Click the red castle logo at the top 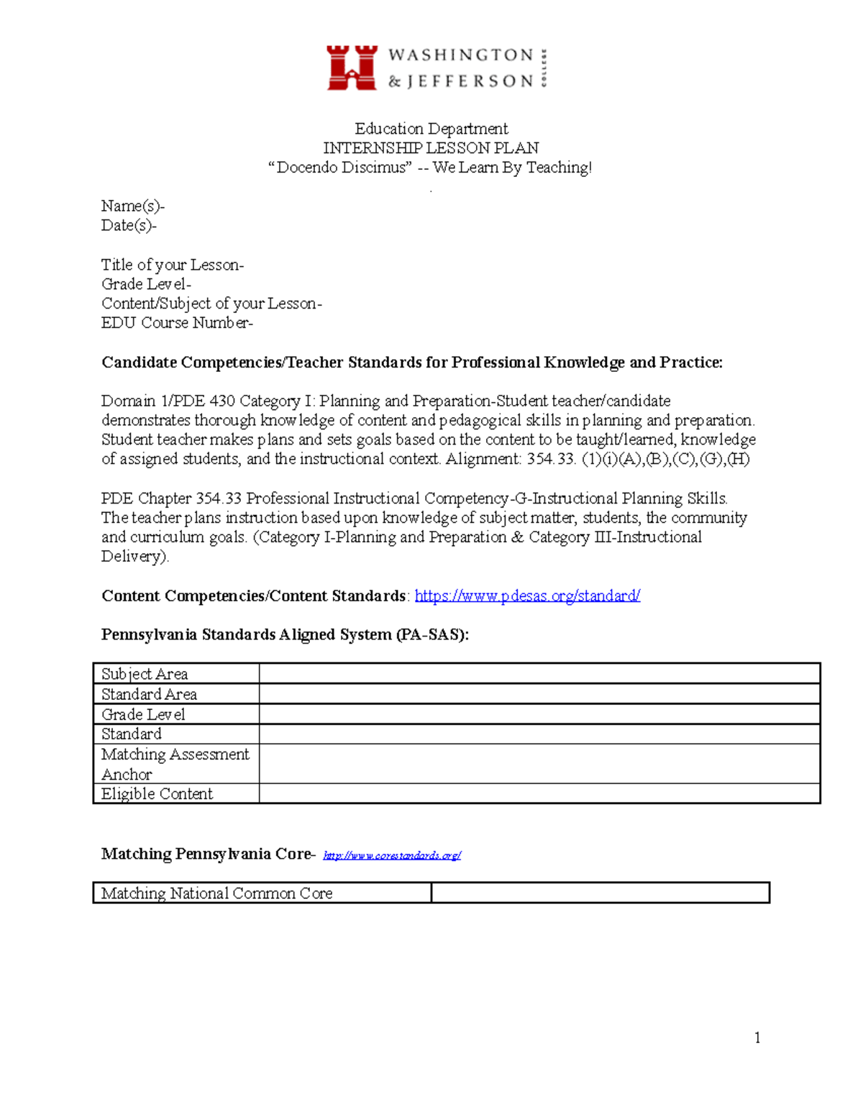[352, 68]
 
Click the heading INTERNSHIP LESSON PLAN [431, 148]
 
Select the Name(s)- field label [133, 206]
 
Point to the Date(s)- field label [129, 226]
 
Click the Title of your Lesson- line [173, 265]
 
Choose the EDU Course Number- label [177, 323]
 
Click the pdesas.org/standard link [527, 596]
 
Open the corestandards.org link [392, 855]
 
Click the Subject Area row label [145, 674]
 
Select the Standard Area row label [149, 694]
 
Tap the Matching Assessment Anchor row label [175, 764]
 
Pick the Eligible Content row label [157, 794]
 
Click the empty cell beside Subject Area [539, 674]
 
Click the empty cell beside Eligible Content [539, 794]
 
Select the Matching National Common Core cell [216, 893]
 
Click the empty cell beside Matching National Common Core [601, 893]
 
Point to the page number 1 [757, 1037]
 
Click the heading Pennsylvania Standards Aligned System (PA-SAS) [285, 634]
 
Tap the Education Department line [431, 129]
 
